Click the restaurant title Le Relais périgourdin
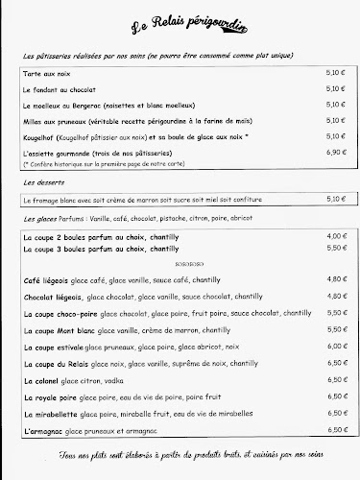pos(180,30)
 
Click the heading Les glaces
pos(40,219)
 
